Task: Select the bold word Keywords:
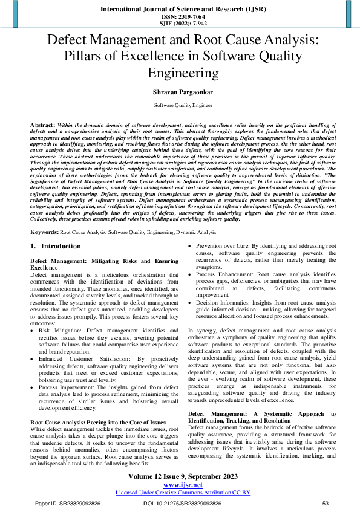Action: pos(44,232)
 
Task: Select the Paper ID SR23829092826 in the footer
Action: pos(68,503)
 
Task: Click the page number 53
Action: pos(325,503)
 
